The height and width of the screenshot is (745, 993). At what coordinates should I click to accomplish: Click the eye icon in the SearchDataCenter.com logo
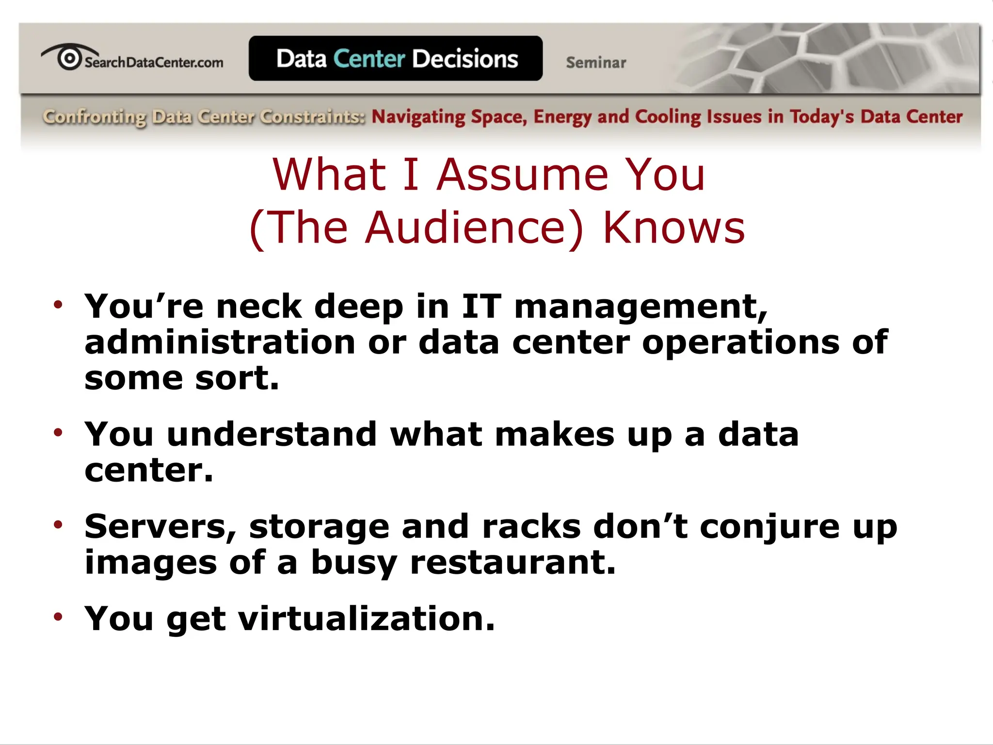tap(69, 58)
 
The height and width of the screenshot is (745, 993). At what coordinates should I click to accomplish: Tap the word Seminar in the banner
tap(596, 63)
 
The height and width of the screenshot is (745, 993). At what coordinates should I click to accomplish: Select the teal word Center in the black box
tap(369, 59)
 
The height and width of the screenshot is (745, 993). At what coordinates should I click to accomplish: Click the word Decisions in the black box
tap(465, 59)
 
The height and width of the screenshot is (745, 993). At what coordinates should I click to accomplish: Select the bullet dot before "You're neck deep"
tap(58, 305)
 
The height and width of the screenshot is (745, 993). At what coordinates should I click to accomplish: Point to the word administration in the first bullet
tap(220, 342)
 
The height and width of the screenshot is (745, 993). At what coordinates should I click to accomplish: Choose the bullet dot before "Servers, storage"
tap(58, 524)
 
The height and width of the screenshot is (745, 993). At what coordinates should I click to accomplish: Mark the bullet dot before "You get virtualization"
tap(58, 616)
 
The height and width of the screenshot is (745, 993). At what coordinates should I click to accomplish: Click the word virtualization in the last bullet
tap(366, 619)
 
